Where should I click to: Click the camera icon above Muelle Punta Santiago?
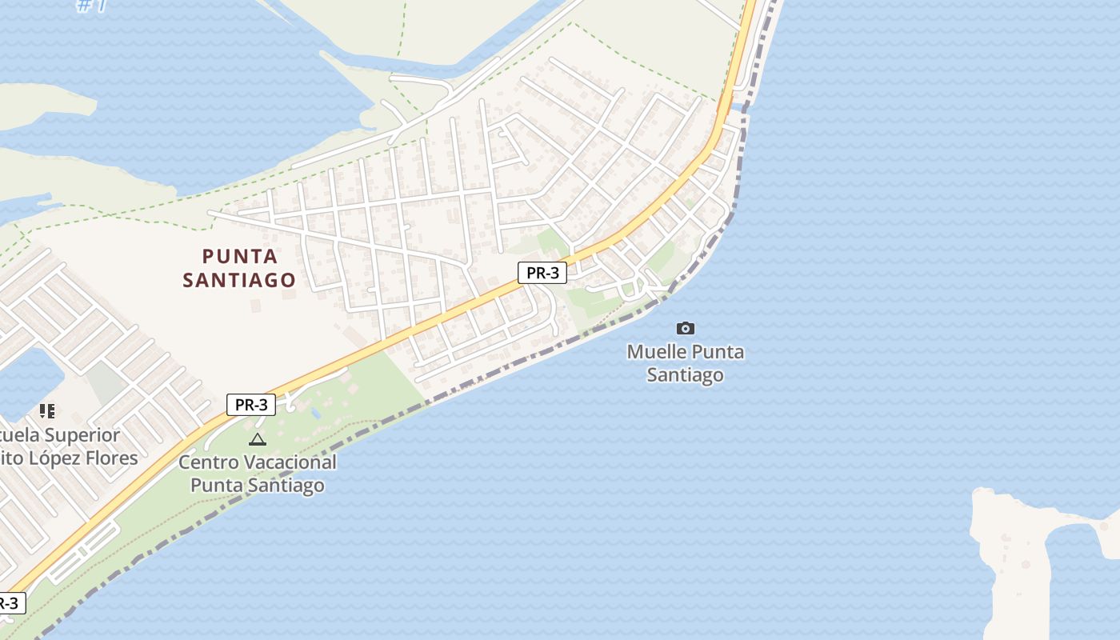(686, 328)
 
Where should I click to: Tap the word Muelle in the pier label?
(656, 352)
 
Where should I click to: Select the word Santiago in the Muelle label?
(686, 374)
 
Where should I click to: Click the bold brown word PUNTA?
(240, 257)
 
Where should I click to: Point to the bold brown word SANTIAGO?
(239, 280)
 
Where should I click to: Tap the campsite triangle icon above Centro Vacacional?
(257, 439)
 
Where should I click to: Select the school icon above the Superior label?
(47, 411)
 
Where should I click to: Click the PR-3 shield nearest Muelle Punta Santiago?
(542, 273)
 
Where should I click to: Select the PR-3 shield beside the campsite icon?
(251, 405)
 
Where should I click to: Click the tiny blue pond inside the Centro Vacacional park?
(317, 413)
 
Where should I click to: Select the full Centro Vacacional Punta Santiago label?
(257, 474)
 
